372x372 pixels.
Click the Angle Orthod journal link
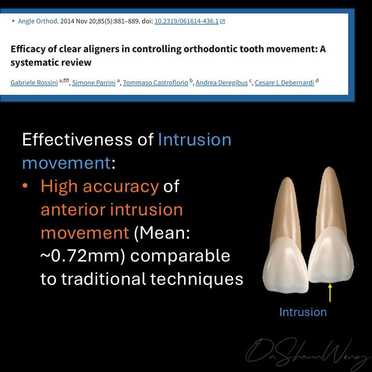37,21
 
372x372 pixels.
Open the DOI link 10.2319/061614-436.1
187,21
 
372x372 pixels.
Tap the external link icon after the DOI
223,22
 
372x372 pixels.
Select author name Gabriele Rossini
34,82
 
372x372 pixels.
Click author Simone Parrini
94,82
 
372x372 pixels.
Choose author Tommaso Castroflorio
155,82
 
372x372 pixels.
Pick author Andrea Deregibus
222,82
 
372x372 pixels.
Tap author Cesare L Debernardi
284,82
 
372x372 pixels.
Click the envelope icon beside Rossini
66,80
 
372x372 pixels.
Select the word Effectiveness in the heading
77,139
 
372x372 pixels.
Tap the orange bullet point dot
25,186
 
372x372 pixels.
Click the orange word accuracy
121,187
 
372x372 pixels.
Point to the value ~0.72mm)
82,256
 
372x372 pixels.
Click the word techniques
197,279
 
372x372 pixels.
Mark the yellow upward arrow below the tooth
330,293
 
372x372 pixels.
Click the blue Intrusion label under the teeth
303,312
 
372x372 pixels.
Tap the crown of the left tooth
286,265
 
